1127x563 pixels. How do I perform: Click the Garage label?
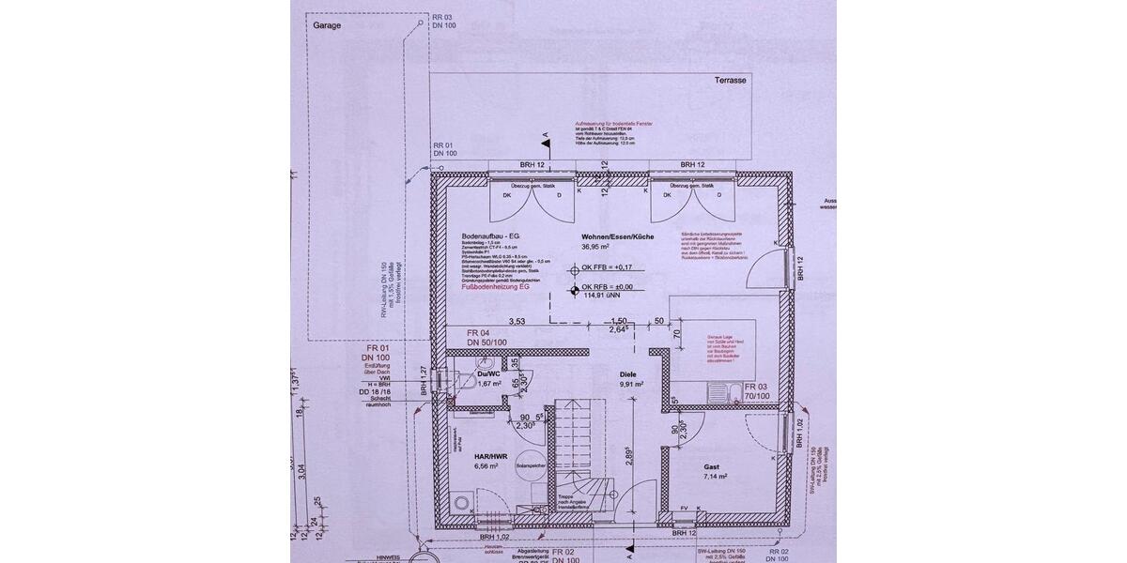(329, 25)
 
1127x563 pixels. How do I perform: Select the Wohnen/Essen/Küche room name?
(617, 236)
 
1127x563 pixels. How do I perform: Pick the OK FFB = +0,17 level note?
(608, 268)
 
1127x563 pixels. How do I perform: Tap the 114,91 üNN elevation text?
(601, 297)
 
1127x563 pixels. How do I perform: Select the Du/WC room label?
(489, 373)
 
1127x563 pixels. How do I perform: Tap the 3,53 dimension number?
(517, 321)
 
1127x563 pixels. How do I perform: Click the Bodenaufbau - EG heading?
(491, 236)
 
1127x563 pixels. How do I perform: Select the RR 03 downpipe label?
(442, 18)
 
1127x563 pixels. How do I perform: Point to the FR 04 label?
(479, 334)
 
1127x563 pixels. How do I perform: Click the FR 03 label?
(757, 387)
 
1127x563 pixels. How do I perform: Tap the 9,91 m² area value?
(630, 384)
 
